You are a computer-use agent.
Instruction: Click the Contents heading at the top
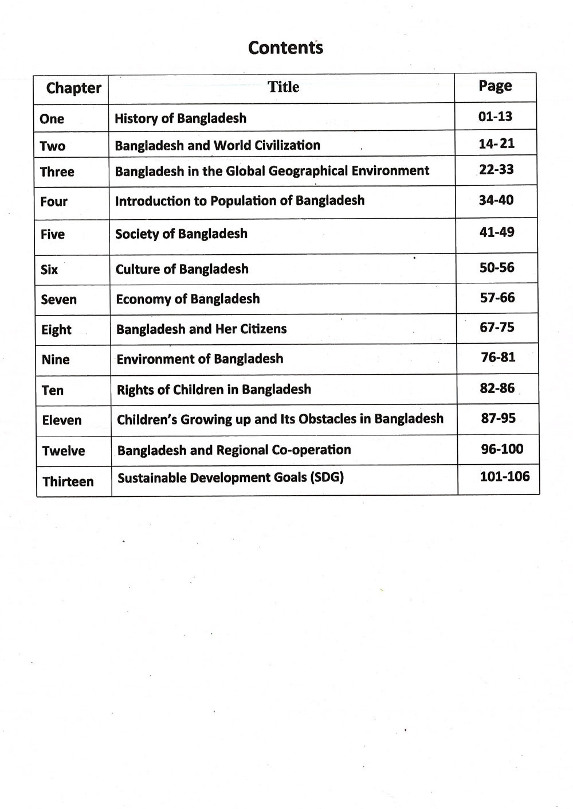coord(285,48)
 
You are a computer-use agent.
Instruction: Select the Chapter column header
coord(73,88)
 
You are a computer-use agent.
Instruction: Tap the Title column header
coord(284,87)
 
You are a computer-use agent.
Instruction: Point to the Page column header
coord(495,86)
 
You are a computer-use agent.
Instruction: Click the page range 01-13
coord(495,116)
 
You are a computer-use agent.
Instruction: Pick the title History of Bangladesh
coord(180,118)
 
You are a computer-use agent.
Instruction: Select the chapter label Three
coord(57,172)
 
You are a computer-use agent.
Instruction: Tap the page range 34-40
coord(496,200)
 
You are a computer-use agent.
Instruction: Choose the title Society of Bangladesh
coord(181,234)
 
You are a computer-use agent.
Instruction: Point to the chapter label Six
coord(49,269)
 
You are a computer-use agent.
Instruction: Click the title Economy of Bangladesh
coord(187,299)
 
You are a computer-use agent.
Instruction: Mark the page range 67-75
coord(497,328)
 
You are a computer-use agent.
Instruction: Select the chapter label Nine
coord(56,360)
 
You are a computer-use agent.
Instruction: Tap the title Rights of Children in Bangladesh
coord(214,390)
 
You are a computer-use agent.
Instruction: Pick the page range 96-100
coord(502,449)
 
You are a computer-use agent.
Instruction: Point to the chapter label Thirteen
coord(68,481)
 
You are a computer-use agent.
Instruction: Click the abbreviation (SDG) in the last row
coord(327,477)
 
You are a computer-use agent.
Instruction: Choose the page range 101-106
coord(505,476)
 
